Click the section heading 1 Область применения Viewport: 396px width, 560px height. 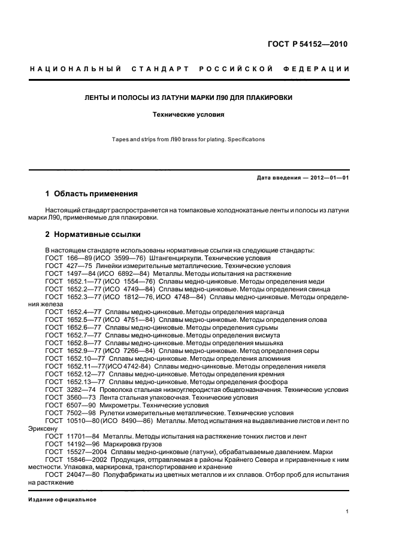coord(92,194)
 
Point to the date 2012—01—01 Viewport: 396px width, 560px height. coord(328,178)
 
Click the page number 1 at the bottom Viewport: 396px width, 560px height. coord(347,512)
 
